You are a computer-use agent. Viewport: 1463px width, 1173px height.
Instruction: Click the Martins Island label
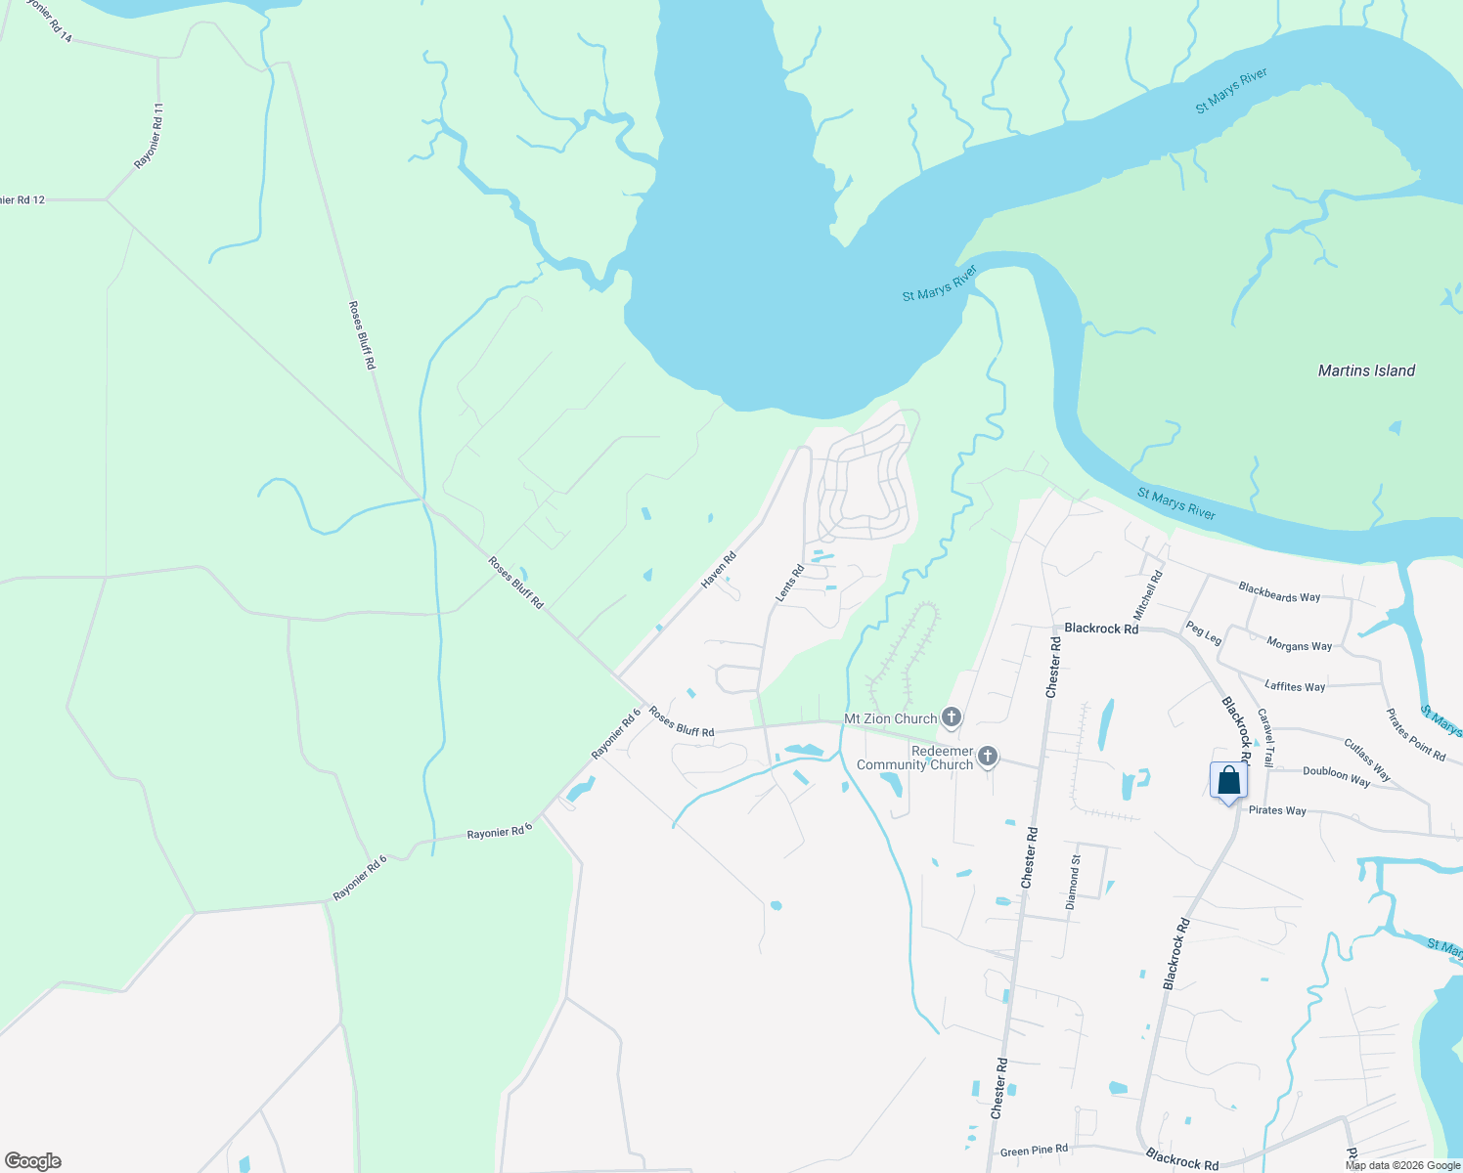pyautogui.click(x=1366, y=370)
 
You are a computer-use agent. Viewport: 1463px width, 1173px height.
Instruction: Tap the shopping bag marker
pyautogui.click(x=1228, y=782)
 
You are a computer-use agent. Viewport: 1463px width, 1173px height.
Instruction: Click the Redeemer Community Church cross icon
pyautogui.click(x=988, y=757)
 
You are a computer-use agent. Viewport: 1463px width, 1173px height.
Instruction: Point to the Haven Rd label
pyautogui.click(x=719, y=570)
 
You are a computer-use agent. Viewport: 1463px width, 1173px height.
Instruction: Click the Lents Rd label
pyautogui.click(x=789, y=583)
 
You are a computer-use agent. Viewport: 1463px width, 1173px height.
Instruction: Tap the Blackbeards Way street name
pyautogui.click(x=1279, y=592)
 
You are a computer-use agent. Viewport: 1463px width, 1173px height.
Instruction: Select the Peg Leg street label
pyautogui.click(x=1204, y=633)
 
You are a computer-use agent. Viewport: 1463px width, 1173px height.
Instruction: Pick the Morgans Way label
pyautogui.click(x=1299, y=645)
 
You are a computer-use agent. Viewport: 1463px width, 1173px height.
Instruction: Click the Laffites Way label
pyautogui.click(x=1295, y=686)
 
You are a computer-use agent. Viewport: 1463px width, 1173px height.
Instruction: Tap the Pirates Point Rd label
pyautogui.click(x=1416, y=735)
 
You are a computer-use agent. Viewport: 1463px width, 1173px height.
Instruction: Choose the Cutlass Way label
pyautogui.click(x=1367, y=760)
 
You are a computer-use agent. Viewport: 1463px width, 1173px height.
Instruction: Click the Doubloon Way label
pyautogui.click(x=1336, y=776)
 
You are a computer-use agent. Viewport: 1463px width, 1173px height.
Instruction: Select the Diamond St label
pyautogui.click(x=1074, y=882)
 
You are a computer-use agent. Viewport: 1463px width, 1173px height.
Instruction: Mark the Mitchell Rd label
pyautogui.click(x=1148, y=595)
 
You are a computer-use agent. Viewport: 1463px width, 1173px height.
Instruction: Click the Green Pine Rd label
pyautogui.click(x=1034, y=1151)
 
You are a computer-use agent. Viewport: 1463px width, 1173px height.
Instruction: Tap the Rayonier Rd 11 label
pyautogui.click(x=150, y=136)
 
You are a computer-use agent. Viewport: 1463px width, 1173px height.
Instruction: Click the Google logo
pyautogui.click(x=33, y=1160)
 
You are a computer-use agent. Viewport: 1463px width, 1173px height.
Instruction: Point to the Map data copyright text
pyautogui.click(x=1402, y=1165)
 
